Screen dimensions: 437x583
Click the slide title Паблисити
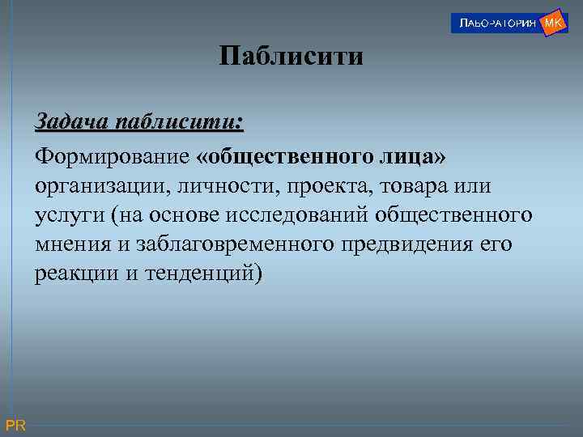[x=291, y=57]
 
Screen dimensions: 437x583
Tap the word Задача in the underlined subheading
[x=73, y=123]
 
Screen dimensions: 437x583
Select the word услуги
[x=68, y=215]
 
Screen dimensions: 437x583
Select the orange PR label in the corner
[x=15, y=426]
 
